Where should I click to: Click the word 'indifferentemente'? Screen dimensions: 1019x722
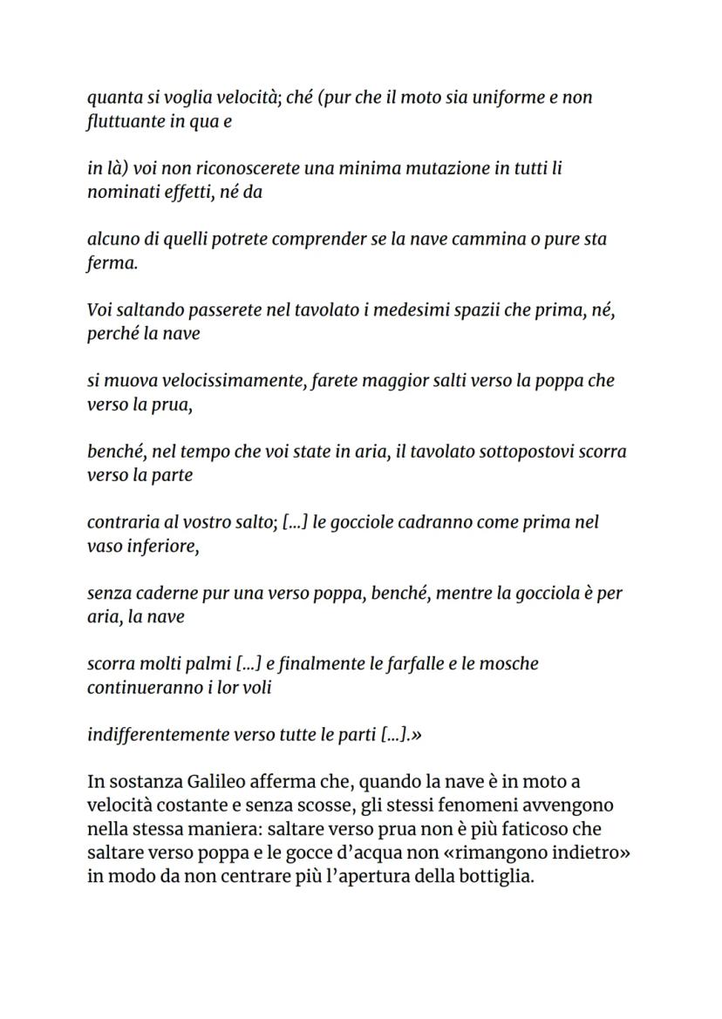pos(158,735)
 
